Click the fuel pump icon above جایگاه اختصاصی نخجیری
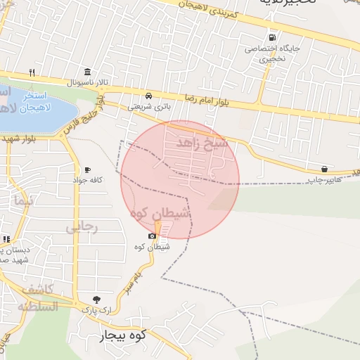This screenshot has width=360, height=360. [x=271, y=38]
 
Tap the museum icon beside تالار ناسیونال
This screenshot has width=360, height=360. [x=86, y=72]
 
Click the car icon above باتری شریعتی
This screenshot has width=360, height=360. [x=148, y=96]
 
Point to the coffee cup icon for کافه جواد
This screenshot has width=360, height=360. [x=87, y=169]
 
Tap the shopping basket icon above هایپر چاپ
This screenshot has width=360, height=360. [x=323, y=169]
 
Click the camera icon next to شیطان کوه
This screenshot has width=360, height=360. [x=152, y=236]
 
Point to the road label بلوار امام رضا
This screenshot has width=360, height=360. [x=207, y=102]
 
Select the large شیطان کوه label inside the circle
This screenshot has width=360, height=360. [x=160, y=213]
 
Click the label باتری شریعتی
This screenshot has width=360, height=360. [x=148, y=107]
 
